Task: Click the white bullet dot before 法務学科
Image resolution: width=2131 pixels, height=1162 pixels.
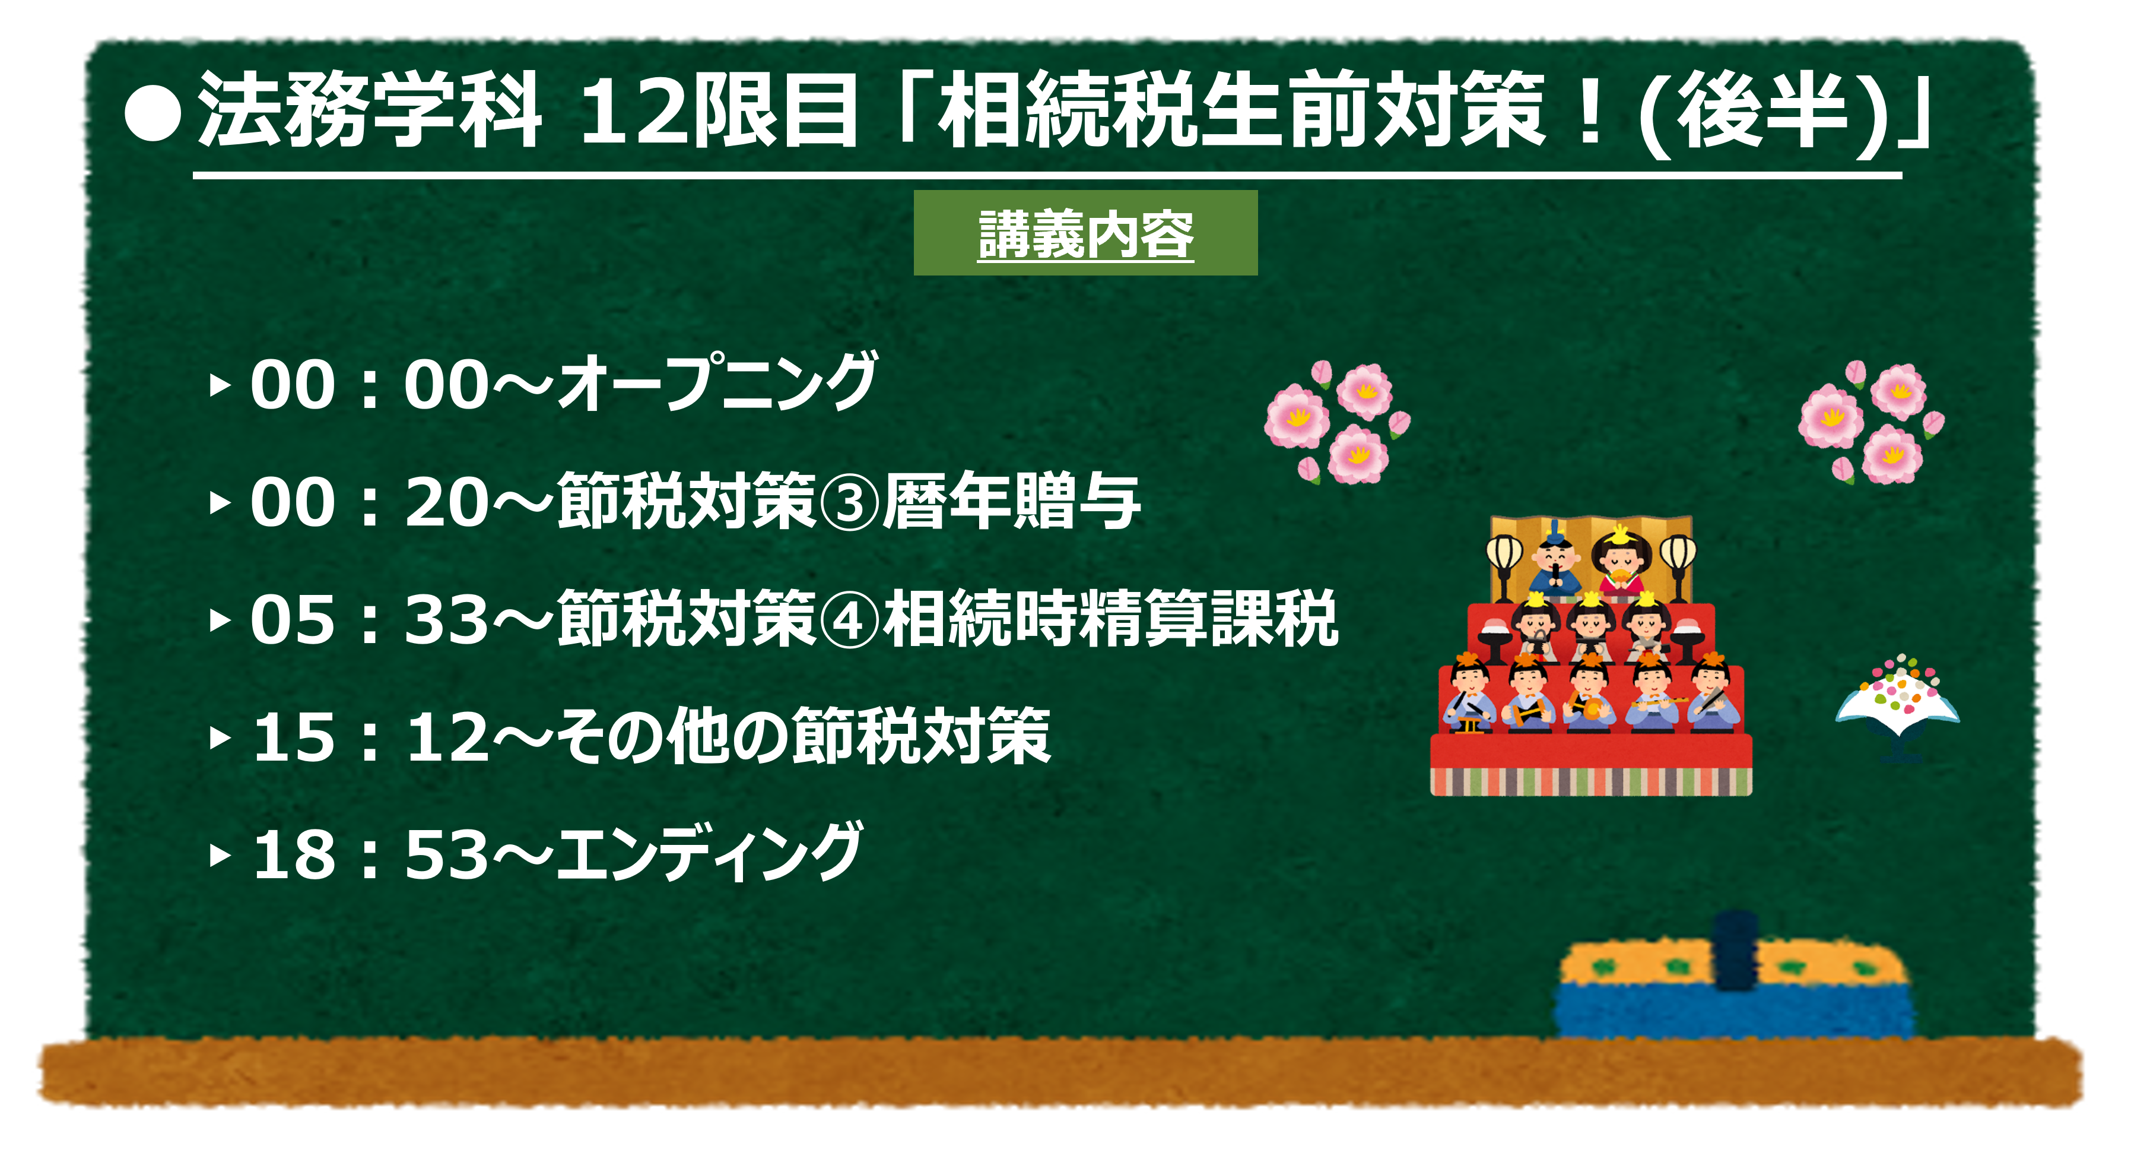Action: point(153,113)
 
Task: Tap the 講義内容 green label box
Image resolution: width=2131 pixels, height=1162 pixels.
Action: point(1085,233)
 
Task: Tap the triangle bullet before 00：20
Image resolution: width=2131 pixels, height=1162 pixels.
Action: point(219,502)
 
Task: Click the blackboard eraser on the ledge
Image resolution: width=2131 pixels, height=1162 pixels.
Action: point(1735,977)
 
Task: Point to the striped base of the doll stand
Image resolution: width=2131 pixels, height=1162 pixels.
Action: point(1591,781)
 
